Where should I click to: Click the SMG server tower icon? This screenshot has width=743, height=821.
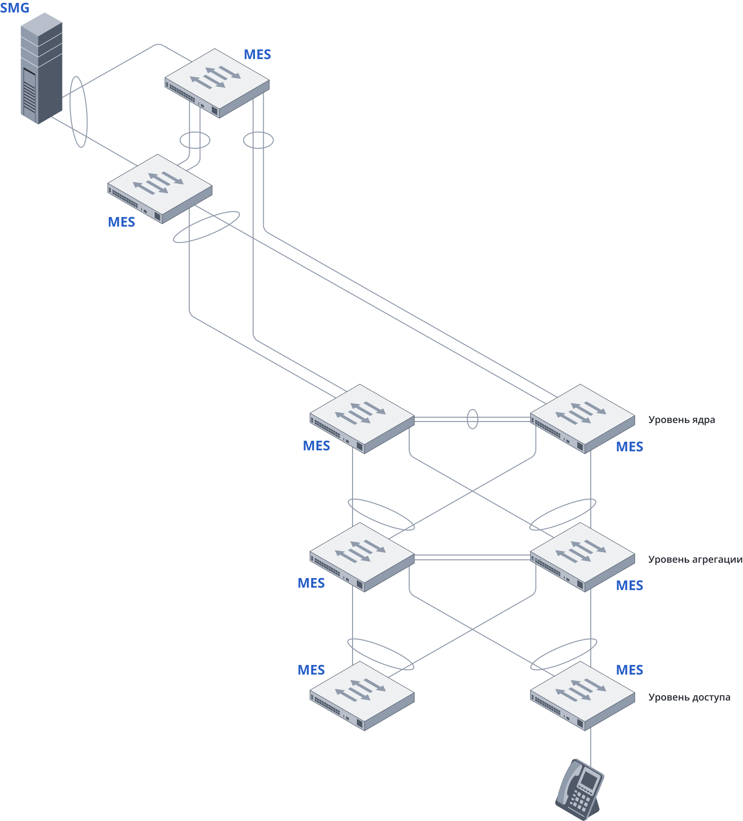click(41, 69)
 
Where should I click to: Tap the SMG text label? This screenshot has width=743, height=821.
click(15, 8)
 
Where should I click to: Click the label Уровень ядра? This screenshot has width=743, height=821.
click(681, 420)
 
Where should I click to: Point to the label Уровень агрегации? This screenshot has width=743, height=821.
click(695, 559)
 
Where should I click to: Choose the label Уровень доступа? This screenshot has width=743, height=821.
click(689, 697)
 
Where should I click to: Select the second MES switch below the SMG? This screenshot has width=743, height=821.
click(159, 188)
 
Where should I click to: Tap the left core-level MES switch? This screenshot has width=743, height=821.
click(362, 418)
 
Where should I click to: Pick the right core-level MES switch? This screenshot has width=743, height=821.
click(582, 418)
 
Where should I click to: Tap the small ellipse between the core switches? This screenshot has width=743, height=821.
click(473, 419)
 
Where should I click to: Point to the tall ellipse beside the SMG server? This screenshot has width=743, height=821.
click(79, 112)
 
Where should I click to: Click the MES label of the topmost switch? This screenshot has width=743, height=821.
click(257, 55)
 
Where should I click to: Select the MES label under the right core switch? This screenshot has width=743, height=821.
click(629, 447)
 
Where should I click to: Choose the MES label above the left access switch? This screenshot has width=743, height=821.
click(311, 670)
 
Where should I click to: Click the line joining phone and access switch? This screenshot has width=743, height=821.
click(591, 744)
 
